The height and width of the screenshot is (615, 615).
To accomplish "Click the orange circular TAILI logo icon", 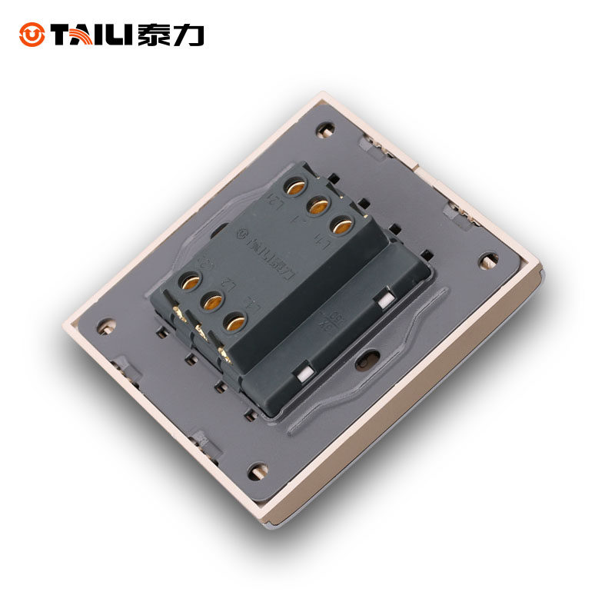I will click(x=32, y=34).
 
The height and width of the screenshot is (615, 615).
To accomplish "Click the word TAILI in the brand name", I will click(x=90, y=35).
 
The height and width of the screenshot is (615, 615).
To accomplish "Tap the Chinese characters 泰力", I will click(x=170, y=35).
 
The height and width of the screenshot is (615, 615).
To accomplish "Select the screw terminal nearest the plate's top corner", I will click(x=294, y=186).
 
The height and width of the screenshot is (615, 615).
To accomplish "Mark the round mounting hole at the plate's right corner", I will click(x=487, y=261).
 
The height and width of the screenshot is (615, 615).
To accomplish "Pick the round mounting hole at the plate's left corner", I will click(x=105, y=325).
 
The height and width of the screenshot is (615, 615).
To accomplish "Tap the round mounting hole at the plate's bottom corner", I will click(x=258, y=470).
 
